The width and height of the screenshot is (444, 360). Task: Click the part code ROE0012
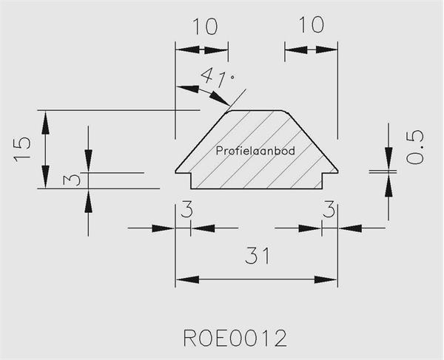pyautogui.click(x=235, y=338)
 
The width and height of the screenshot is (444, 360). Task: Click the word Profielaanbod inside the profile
pyautogui.click(x=255, y=151)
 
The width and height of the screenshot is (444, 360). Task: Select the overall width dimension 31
pyautogui.click(x=258, y=256)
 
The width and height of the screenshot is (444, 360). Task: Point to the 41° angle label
pyautogui.click(x=218, y=76)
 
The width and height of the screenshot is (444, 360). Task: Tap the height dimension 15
pyautogui.click(x=22, y=150)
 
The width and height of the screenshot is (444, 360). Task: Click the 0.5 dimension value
pyautogui.click(x=415, y=146)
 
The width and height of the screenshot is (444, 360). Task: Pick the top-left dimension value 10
pyautogui.click(x=205, y=27)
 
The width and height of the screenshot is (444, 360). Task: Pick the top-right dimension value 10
pyautogui.click(x=311, y=24)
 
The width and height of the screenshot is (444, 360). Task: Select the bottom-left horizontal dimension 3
pyautogui.click(x=186, y=209)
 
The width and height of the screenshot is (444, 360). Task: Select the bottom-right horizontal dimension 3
pyautogui.click(x=329, y=209)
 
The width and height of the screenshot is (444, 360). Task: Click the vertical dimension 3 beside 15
pyautogui.click(x=72, y=180)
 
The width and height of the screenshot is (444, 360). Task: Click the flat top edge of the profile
pyautogui.click(x=257, y=111)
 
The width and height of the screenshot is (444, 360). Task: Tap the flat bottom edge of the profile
pyautogui.click(x=257, y=189)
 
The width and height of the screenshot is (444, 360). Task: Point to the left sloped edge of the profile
pyautogui.click(x=201, y=140)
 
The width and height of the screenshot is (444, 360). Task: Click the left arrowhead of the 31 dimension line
pyautogui.click(x=187, y=279)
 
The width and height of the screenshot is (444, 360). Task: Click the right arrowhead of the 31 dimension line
pyautogui.click(x=326, y=279)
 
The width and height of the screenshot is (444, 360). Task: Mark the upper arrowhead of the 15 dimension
pyautogui.click(x=45, y=123)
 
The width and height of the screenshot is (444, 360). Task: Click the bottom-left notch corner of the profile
pyautogui.click(x=191, y=189)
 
